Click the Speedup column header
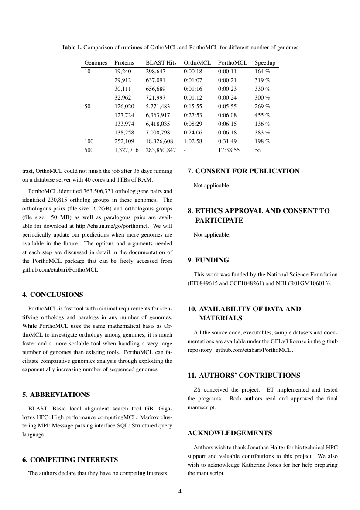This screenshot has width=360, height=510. click(x=265, y=63)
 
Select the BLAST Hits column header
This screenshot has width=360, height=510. click(x=161, y=63)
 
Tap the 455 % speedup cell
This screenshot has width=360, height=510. click(x=262, y=115)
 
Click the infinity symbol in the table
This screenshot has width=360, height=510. click(x=257, y=150)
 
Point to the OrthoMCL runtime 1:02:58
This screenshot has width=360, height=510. click(x=193, y=141)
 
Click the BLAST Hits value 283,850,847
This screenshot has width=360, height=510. click(x=161, y=150)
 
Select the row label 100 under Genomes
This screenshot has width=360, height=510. click(x=89, y=141)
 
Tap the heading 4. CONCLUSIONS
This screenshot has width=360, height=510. click(x=53, y=295)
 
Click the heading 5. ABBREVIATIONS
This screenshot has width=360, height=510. click(x=56, y=395)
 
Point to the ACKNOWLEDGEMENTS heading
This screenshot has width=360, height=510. click(x=230, y=433)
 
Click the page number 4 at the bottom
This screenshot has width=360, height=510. click(x=180, y=491)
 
